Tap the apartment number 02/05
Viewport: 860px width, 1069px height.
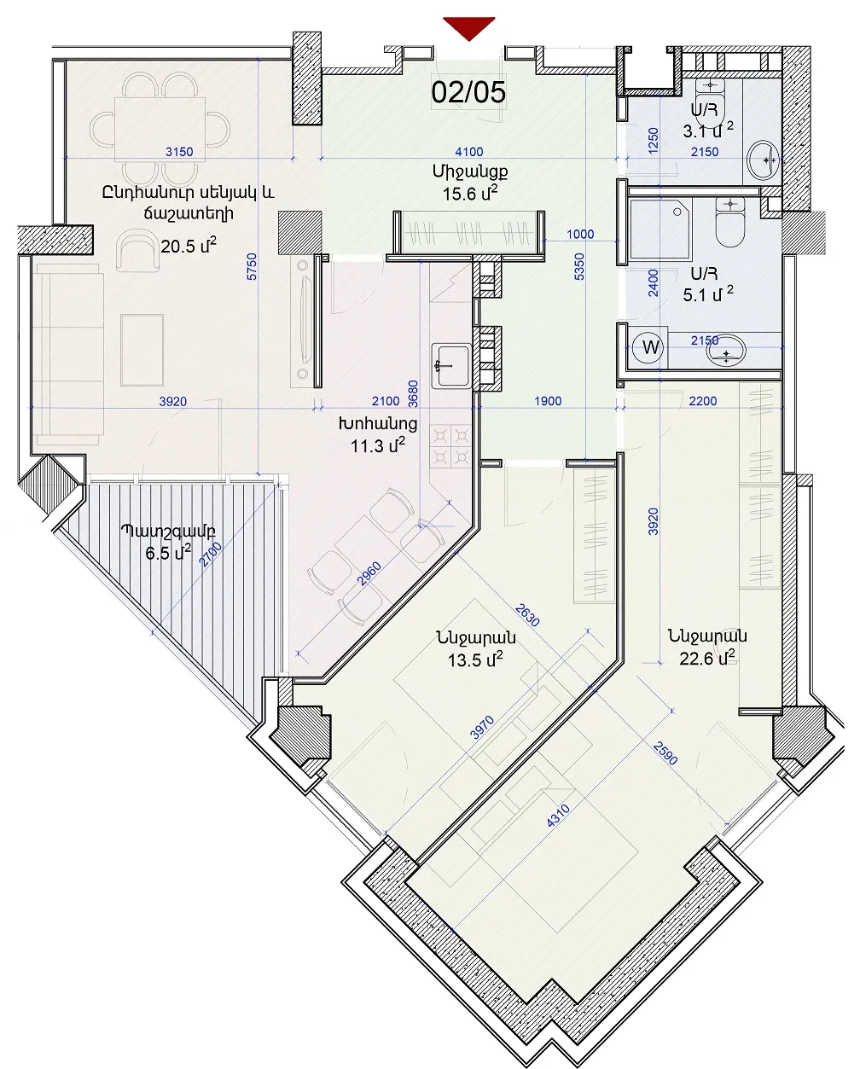(x=468, y=92)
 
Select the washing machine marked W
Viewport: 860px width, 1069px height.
(x=651, y=346)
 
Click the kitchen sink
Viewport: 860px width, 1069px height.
(x=451, y=366)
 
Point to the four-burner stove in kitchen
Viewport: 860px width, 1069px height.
(x=450, y=446)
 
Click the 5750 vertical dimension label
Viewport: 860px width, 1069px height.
(x=252, y=267)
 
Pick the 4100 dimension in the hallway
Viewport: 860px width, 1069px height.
(x=469, y=152)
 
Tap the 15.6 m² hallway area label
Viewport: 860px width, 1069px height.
(x=470, y=193)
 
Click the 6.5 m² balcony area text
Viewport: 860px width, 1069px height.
(x=168, y=553)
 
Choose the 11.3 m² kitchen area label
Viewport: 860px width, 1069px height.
(x=378, y=445)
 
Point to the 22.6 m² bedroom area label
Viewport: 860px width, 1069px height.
(x=707, y=658)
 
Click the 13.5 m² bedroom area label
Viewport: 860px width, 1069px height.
(x=475, y=659)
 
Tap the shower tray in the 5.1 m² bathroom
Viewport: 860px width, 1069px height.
(x=660, y=229)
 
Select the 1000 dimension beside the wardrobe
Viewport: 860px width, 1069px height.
(x=580, y=234)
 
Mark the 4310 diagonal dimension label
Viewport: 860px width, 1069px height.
(x=558, y=816)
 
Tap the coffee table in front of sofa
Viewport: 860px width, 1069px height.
(x=142, y=350)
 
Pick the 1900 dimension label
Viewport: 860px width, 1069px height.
(x=548, y=401)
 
